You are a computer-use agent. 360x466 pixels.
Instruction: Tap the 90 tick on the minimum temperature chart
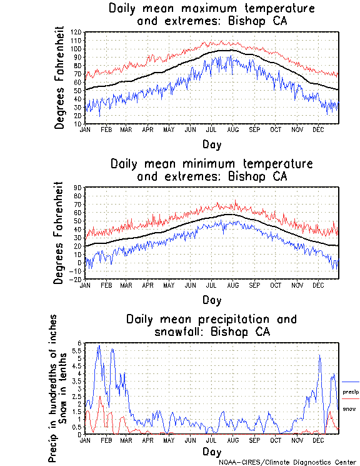(x=79, y=188)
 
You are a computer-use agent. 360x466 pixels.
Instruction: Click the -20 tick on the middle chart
(x=77, y=280)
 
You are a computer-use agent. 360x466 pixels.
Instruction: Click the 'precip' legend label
(x=351, y=392)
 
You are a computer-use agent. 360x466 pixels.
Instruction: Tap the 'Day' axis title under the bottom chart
(x=211, y=451)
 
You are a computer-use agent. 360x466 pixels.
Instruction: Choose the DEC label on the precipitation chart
(x=317, y=440)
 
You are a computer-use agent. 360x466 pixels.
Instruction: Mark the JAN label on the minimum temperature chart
(x=86, y=285)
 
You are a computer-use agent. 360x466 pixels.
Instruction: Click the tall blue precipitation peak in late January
(x=98, y=347)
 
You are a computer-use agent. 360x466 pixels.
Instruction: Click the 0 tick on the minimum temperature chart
(x=79, y=263)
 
